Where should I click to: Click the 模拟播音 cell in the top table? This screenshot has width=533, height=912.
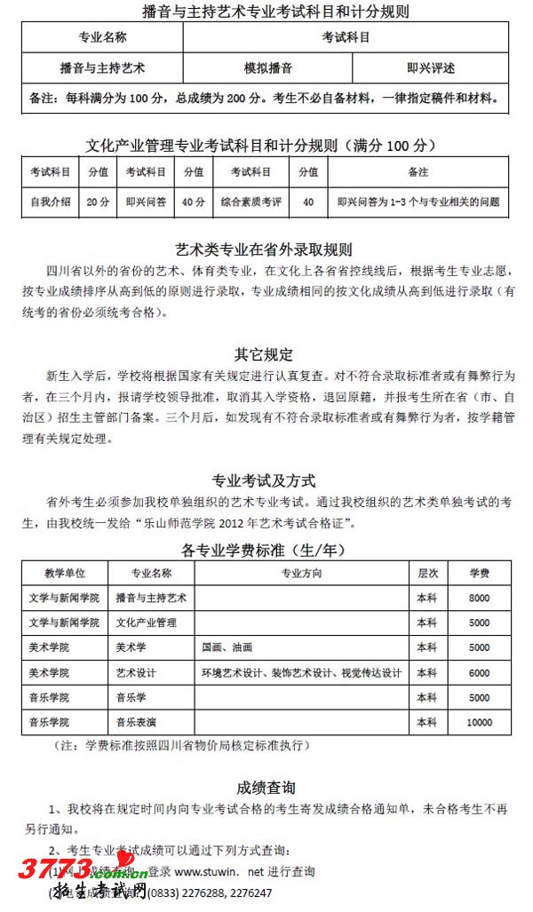pos(268,67)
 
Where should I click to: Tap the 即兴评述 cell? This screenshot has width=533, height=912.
pos(431,67)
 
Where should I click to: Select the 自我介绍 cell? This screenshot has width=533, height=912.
pos(51,202)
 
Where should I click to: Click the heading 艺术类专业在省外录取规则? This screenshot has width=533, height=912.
pos(264,250)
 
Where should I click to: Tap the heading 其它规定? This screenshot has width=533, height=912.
pos(264,354)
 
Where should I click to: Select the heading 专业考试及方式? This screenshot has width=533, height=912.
pos(264,480)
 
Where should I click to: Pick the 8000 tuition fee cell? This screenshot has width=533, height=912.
pos(480,598)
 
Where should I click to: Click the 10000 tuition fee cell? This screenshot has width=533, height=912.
pos(480,722)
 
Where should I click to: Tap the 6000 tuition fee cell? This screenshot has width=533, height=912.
pos(480,672)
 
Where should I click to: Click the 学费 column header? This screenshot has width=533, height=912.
pos(480,573)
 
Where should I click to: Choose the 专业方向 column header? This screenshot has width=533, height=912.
pos(302,573)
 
